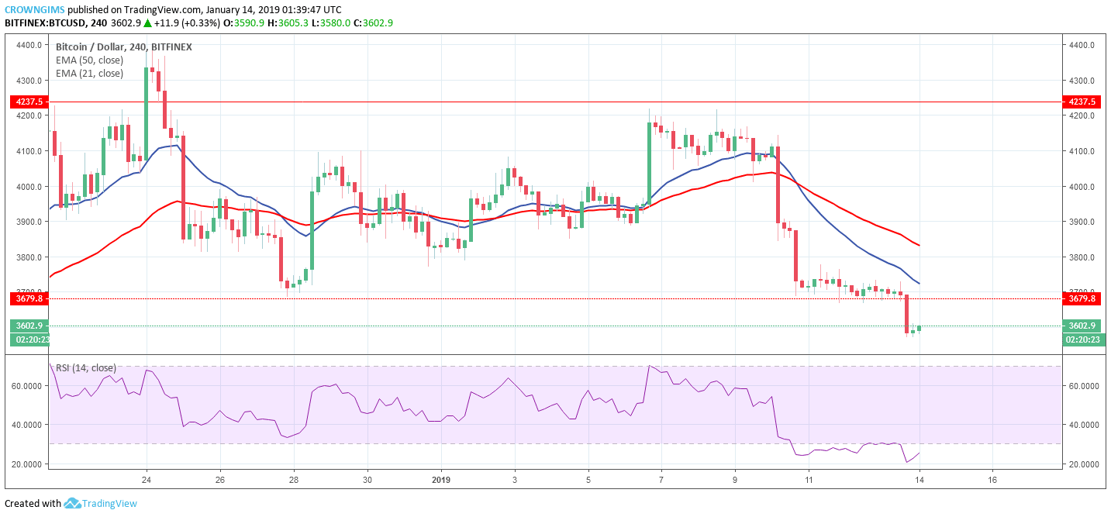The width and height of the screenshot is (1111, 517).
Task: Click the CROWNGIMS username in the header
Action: [34, 9]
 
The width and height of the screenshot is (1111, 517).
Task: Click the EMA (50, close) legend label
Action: [89, 60]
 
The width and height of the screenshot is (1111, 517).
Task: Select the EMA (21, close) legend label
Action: [89, 74]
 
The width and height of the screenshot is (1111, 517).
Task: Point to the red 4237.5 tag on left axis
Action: [27, 102]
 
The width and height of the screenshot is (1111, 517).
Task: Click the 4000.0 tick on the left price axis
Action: [29, 187]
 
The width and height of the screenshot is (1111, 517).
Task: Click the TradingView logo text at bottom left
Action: [109, 504]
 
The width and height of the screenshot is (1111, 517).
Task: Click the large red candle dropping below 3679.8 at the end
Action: [906, 313]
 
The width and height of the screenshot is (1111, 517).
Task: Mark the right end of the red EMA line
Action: [919, 246]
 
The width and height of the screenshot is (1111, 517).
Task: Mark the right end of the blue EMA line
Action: [919, 283]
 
